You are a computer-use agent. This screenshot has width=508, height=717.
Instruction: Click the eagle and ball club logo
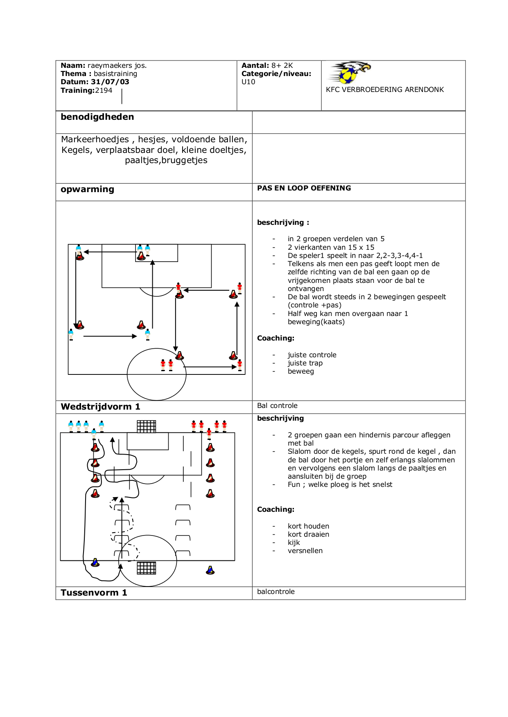point(350,72)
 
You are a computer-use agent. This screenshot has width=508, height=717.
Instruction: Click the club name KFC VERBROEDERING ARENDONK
point(384,90)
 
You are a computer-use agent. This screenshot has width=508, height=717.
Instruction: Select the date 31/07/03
point(110,82)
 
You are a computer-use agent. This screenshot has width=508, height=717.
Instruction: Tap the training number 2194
point(104,90)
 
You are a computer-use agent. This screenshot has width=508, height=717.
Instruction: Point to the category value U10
point(248,82)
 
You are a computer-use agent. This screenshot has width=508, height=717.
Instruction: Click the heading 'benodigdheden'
point(97,117)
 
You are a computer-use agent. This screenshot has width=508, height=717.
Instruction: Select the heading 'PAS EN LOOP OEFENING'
point(304,188)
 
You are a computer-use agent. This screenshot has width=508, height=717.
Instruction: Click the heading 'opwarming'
point(87,189)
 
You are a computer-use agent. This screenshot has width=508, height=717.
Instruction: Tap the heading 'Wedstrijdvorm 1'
point(100,407)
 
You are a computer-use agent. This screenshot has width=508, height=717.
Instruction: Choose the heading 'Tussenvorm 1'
point(94,593)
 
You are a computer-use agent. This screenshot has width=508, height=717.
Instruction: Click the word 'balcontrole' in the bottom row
point(275,592)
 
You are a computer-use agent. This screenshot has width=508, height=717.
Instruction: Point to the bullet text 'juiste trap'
point(305,363)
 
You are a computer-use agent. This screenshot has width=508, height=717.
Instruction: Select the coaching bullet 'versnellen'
point(305,551)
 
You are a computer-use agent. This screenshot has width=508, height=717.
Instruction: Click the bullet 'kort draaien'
point(308,534)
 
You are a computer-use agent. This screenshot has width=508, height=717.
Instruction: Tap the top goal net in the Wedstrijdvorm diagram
point(147,426)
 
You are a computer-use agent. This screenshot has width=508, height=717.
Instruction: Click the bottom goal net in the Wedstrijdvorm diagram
point(147,568)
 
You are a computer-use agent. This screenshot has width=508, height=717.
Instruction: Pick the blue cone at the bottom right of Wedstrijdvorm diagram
point(210,570)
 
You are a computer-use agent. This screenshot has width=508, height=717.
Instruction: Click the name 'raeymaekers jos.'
point(117,65)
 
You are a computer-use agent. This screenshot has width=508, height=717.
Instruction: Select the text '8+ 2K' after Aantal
point(282,65)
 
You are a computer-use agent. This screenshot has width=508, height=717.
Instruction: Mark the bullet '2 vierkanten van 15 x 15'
point(331,247)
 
